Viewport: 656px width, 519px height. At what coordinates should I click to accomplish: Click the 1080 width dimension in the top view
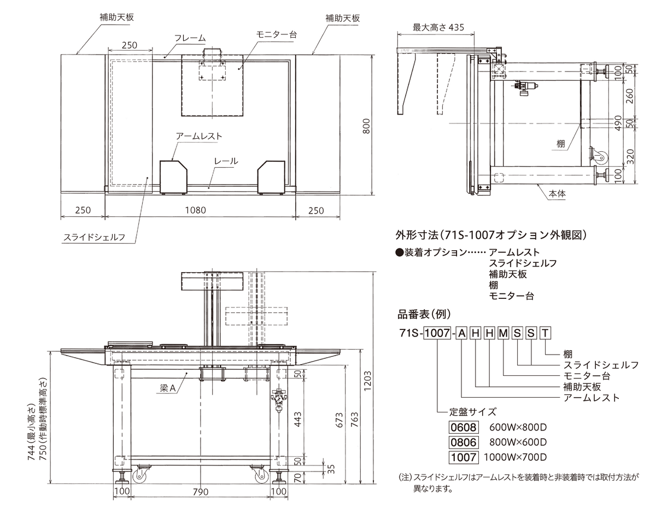[195, 210]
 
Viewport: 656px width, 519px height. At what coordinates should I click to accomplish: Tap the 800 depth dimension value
[366, 126]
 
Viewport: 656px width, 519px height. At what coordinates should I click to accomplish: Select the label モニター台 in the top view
[276, 34]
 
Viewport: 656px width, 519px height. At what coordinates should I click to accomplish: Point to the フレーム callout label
[190, 38]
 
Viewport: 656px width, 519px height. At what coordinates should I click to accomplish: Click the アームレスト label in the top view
[199, 136]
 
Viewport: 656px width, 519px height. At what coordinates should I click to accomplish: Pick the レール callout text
[226, 161]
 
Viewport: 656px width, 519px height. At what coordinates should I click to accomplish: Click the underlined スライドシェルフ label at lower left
[94, 237]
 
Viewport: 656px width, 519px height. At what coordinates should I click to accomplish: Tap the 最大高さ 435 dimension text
[438, 27]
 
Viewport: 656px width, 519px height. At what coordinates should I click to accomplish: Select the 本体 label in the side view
[557, 193]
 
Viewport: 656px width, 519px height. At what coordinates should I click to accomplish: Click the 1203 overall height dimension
[367, 381]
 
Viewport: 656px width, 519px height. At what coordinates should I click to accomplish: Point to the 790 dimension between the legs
[201, 492]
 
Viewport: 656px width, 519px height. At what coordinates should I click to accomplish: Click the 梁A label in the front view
[168, 388]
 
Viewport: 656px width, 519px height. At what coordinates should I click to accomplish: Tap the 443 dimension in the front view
[298, 419]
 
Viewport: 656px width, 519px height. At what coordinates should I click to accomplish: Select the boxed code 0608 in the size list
[464, 427]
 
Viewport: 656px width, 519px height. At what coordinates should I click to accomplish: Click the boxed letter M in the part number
[503, 333]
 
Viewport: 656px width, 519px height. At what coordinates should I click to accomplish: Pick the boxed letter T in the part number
[546, 333]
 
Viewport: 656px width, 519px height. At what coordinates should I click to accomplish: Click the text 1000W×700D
[515, 457]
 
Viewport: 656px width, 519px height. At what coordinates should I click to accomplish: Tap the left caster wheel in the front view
[139, 476]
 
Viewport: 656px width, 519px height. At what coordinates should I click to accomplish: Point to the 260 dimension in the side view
[629, 96]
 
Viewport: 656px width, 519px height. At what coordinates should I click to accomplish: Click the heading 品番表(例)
[424, 314]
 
